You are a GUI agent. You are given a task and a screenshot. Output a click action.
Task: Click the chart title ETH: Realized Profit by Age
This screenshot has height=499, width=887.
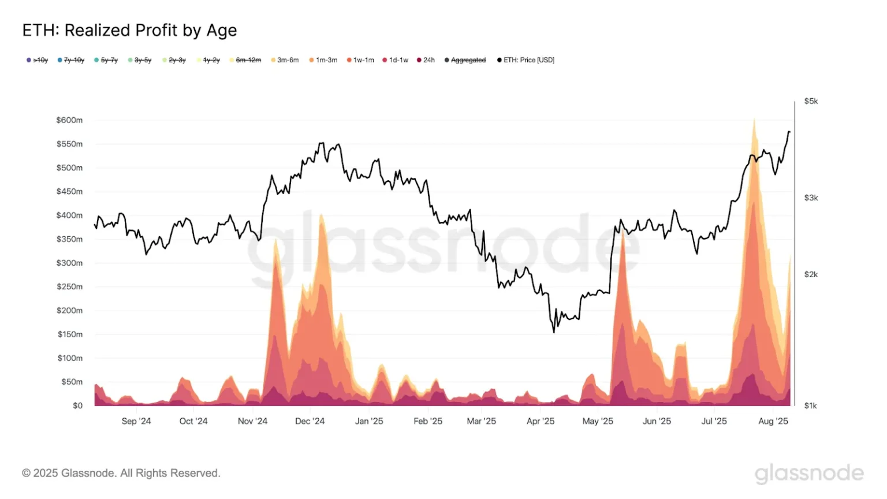point(129,30)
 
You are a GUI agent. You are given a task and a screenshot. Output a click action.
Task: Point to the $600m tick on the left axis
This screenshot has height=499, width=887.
point(69,120)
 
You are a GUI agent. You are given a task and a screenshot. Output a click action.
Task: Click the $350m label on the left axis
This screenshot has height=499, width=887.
point(69,239)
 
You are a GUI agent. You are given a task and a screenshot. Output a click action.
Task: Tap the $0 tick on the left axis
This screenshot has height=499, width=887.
point(77,405)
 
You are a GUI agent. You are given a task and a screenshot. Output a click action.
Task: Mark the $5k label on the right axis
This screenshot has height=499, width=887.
point(811,101)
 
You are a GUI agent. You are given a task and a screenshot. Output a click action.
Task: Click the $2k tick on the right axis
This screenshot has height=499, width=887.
point(811,274)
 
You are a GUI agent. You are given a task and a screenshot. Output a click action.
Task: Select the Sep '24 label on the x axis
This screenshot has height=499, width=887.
point(136,421)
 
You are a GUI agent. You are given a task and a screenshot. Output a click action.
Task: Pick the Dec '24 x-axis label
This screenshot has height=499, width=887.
point(310,421)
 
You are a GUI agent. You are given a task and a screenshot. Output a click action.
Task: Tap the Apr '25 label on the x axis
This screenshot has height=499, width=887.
point(541,421)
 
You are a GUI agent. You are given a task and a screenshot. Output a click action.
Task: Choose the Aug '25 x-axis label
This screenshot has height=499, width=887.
point(773,421)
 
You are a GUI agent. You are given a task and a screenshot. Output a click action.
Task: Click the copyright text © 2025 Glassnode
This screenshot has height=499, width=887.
point(121,473)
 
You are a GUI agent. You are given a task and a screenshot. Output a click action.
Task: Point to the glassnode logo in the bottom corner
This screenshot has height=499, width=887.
point(809,473)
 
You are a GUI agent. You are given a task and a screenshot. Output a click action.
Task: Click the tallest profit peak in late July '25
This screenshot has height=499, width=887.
point(754,120)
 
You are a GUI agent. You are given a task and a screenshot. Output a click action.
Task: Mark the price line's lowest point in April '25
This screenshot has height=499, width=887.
point(554,332)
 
